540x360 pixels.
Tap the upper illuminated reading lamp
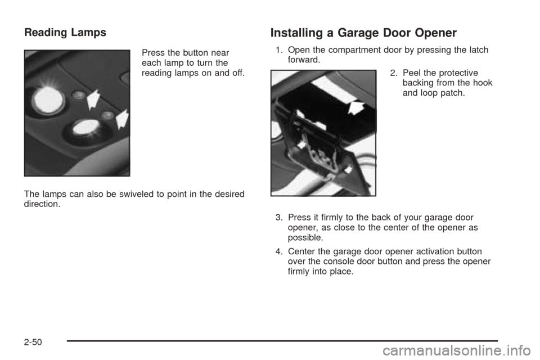tap(48, 100)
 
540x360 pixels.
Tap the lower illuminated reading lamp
tap(84, 127)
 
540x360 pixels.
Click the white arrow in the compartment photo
tap(355, 105)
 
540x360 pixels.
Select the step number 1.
tap(278, 51)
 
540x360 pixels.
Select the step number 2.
tap(392, 73)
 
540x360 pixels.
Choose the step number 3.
tap(278, 217)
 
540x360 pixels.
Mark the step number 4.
tap(278, 251)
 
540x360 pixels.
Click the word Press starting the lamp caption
tap(150, 53)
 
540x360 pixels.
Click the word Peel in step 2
tap(410, 73)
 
